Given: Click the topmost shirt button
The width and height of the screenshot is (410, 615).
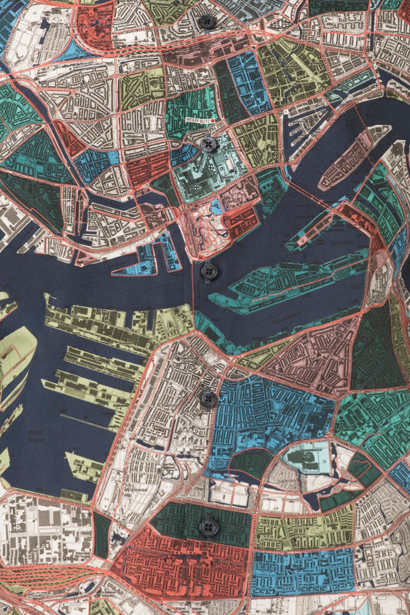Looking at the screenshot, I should pos(207,22).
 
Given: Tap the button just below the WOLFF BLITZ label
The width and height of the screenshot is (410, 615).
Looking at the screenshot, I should pos(209,144).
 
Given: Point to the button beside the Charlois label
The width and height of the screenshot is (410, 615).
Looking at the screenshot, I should pos(208,398).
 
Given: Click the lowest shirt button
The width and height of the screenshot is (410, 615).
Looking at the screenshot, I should pos(208,527).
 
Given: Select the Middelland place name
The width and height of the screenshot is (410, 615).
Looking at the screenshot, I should pos(146,131).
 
